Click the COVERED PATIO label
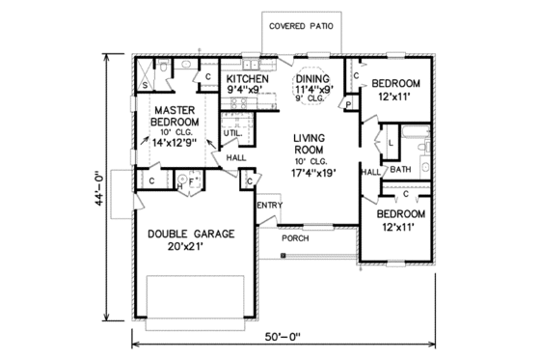(x=302, y=26)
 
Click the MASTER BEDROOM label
(x=175, y=117)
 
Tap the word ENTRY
(x=268, y=205)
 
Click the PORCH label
(x=295, y=236)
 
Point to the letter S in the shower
(x=145, y=85)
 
